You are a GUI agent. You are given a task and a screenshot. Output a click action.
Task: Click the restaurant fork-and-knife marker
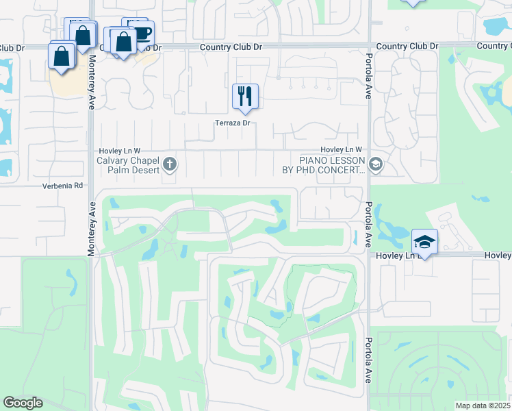click(x=245, y=96)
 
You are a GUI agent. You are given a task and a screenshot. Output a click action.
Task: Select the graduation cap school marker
click(x=424, y=242)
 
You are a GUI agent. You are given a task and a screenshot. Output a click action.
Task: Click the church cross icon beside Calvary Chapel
click(x=170, y=164)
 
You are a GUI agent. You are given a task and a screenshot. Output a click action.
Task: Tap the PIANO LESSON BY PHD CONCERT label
click(x=323, y=165)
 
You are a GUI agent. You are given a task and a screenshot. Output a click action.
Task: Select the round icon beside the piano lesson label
click(x=374, y=164)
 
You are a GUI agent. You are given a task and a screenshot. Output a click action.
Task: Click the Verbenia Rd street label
click(x=62, y=186)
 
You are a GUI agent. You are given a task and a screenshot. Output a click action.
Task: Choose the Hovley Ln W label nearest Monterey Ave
click(x=118, y=150)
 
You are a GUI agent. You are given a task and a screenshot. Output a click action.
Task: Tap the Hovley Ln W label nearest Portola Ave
click(x=341, y=150)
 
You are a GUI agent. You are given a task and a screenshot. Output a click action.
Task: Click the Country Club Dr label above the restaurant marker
click(x=231, y=47)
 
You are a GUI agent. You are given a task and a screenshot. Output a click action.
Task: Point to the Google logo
click(x=23, y=403)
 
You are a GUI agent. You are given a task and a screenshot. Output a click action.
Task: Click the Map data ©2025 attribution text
click(x=483, y=406)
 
